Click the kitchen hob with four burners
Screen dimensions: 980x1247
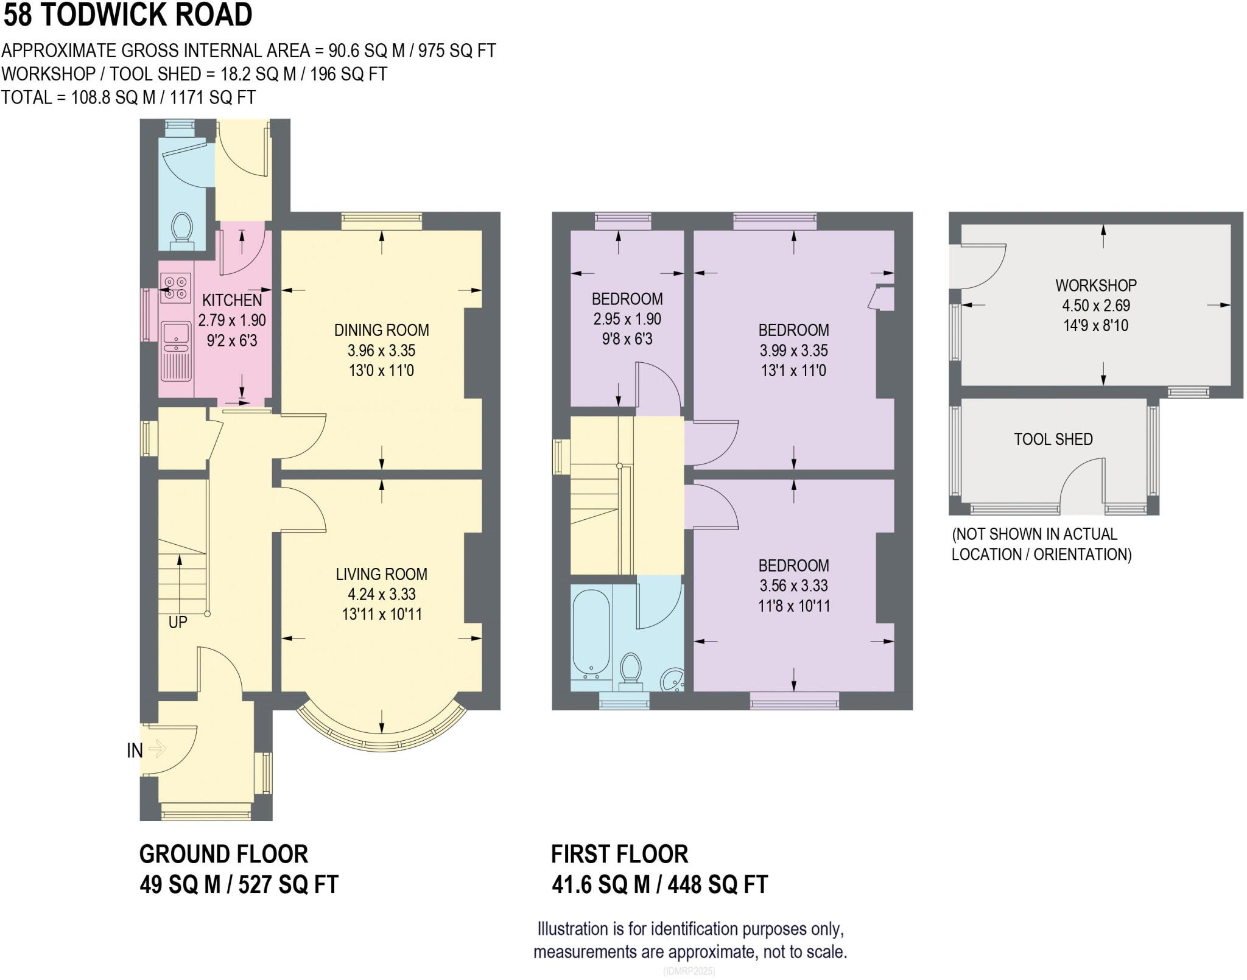coord(175,288)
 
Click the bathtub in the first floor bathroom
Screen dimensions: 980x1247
coord(591,632)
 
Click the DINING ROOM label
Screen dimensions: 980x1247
coord(381,331)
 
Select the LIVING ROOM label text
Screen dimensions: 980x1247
coord(381,574)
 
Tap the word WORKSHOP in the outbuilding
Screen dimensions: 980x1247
coord(1095,285)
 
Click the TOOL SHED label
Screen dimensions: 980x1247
coord(1053,439)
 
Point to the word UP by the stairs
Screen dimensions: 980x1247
coord(178,622)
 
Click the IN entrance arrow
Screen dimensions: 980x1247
coord(156,749)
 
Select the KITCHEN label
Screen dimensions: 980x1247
coord(232,300)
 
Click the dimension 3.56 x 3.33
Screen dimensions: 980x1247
coord(793,586)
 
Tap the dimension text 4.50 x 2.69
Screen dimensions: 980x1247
coord(1095,306)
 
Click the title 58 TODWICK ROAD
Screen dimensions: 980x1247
coord(128,15)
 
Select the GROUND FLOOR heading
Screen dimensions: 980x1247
coord(223,854)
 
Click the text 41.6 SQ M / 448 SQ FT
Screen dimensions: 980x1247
coord(659,884)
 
